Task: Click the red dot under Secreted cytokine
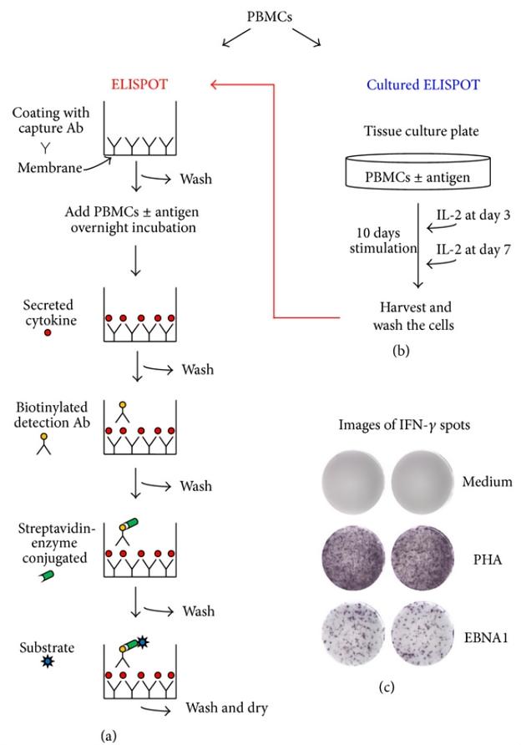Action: pyautogui.click(x=47, y=332)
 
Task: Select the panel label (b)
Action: pyautogui.click(x=402, y=352)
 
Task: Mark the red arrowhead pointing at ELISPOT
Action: pyautogui.click(x=215, y=84)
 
